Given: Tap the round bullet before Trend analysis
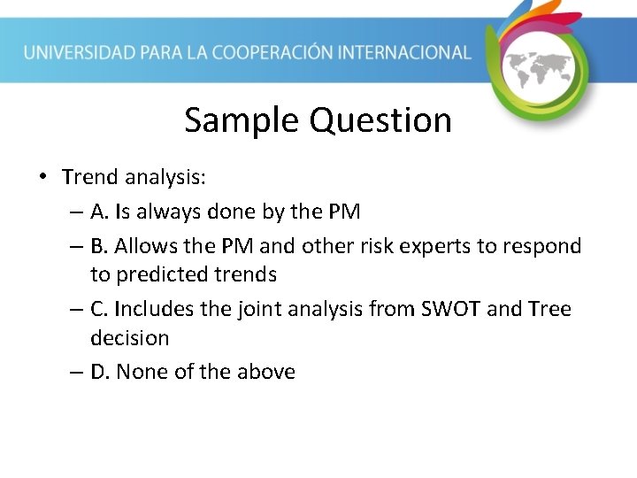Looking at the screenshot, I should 42,176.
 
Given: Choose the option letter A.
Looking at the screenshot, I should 99,212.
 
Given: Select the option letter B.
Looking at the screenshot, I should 99,246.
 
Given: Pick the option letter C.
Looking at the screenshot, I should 99,309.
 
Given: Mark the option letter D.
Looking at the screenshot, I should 100,372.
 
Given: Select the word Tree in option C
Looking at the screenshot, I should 550,309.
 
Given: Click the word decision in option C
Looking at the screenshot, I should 129,337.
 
